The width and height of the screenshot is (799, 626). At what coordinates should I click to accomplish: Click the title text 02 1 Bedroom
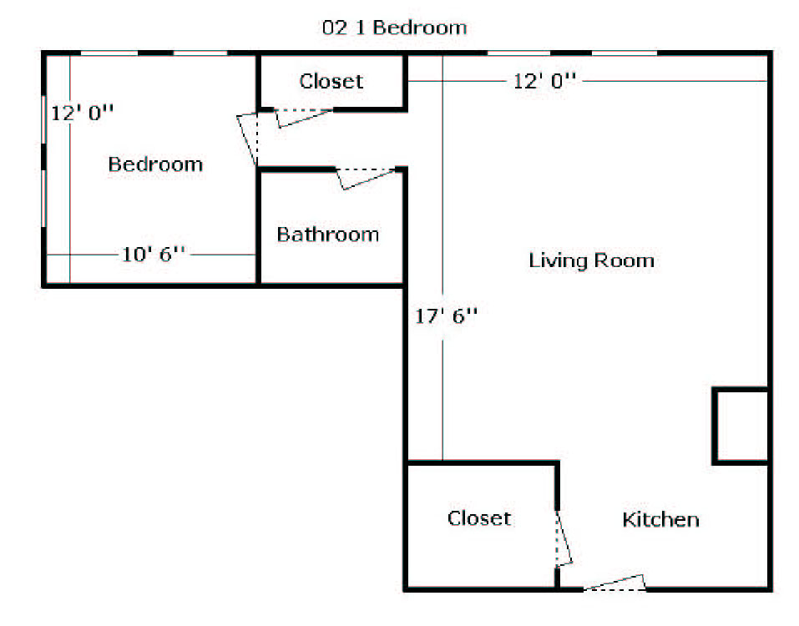(394, 28)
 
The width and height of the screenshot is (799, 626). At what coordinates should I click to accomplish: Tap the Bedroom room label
(155, 164)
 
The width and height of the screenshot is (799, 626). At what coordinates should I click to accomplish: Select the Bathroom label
(327, 235)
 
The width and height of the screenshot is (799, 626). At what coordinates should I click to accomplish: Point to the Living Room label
(591, 260)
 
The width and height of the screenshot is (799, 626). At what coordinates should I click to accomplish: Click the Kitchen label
(660, 519)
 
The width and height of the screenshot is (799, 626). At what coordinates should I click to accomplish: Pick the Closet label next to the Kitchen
(479, 518)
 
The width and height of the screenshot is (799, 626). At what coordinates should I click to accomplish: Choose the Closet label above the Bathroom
(331, 81)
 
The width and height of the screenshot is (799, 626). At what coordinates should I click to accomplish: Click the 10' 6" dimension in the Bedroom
(153, 254)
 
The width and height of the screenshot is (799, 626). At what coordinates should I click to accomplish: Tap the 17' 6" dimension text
(446, 316)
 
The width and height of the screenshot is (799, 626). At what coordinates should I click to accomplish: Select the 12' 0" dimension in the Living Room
(544, 81)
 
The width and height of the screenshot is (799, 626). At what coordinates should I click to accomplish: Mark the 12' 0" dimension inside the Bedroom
(82, 113)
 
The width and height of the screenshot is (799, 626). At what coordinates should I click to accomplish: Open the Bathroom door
(365, 179)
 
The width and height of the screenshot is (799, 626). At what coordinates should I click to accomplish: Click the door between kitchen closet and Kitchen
(564, 538)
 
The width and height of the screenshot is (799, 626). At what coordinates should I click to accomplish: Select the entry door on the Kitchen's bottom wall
(614, 583)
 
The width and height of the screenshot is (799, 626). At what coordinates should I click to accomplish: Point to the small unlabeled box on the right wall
(741, 427)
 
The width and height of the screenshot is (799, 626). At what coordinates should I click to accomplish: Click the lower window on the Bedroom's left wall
(43, 199)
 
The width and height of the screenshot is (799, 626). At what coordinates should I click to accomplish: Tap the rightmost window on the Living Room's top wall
(625, 53)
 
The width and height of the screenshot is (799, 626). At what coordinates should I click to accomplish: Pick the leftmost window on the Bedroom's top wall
(109, 53)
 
